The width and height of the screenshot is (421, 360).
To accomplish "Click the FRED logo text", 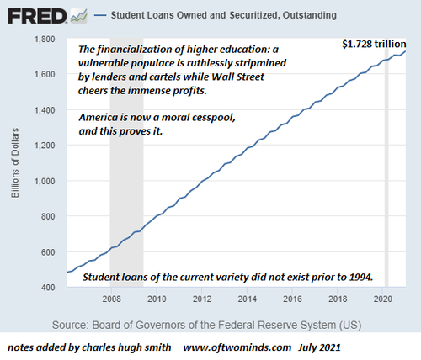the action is click(37, 16).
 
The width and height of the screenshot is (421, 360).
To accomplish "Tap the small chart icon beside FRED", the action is click(79, 16).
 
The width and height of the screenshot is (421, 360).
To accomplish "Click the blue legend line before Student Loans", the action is click(100, 15).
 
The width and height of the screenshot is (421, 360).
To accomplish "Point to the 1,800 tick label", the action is click(45, 39).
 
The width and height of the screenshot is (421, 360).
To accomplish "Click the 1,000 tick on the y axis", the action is click(45, 181).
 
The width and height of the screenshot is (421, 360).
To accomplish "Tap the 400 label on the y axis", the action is click(48, 288).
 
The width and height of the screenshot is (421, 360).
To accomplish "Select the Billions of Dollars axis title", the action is click(15, 163).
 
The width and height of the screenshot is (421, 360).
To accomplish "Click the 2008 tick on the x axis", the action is click(111, 299).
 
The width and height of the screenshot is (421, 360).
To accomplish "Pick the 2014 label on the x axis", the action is click(247, 299).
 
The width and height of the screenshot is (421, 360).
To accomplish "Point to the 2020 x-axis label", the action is click(382, 299).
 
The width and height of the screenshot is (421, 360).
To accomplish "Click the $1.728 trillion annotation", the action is click(374, 44).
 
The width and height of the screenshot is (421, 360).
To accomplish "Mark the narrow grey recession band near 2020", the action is click(386, 162).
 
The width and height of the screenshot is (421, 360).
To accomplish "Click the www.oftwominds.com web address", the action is click(237, 347).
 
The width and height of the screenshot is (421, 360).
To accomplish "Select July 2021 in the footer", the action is click(319, 347).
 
